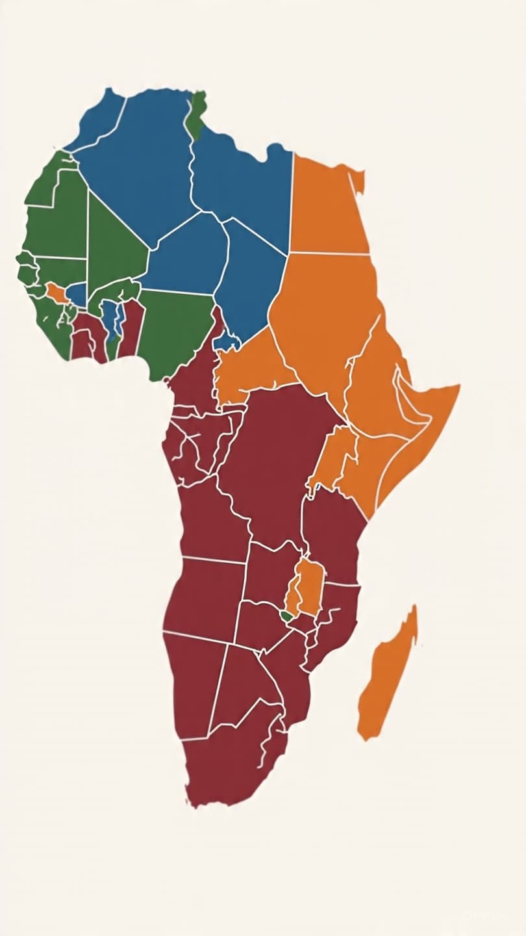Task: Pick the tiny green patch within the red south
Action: click(286, 615)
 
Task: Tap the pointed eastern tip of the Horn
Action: click(458, 387)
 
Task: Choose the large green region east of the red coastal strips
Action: click(175, 328)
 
